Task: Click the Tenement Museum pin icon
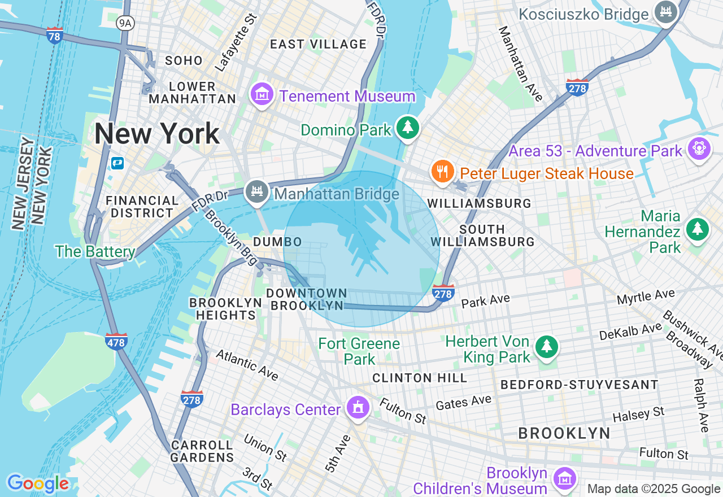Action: [x=262, y=94]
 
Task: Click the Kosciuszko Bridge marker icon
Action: [x=665, y=12]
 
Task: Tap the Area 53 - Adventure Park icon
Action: [x=699, y=149]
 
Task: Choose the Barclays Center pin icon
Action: [x=357, y=408]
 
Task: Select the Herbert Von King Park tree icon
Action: [x=546, y=347]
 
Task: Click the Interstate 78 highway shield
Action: [x=55, y=35]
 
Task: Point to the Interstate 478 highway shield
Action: [x=116, y=341]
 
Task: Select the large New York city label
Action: [x=156, y=134]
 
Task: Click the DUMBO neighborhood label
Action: [x=277, y=242]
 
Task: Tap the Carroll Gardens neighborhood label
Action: [x=202, y=451]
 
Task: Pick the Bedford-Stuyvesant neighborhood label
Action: [x=579, y=385]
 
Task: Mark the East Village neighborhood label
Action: [x=318, y=44]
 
